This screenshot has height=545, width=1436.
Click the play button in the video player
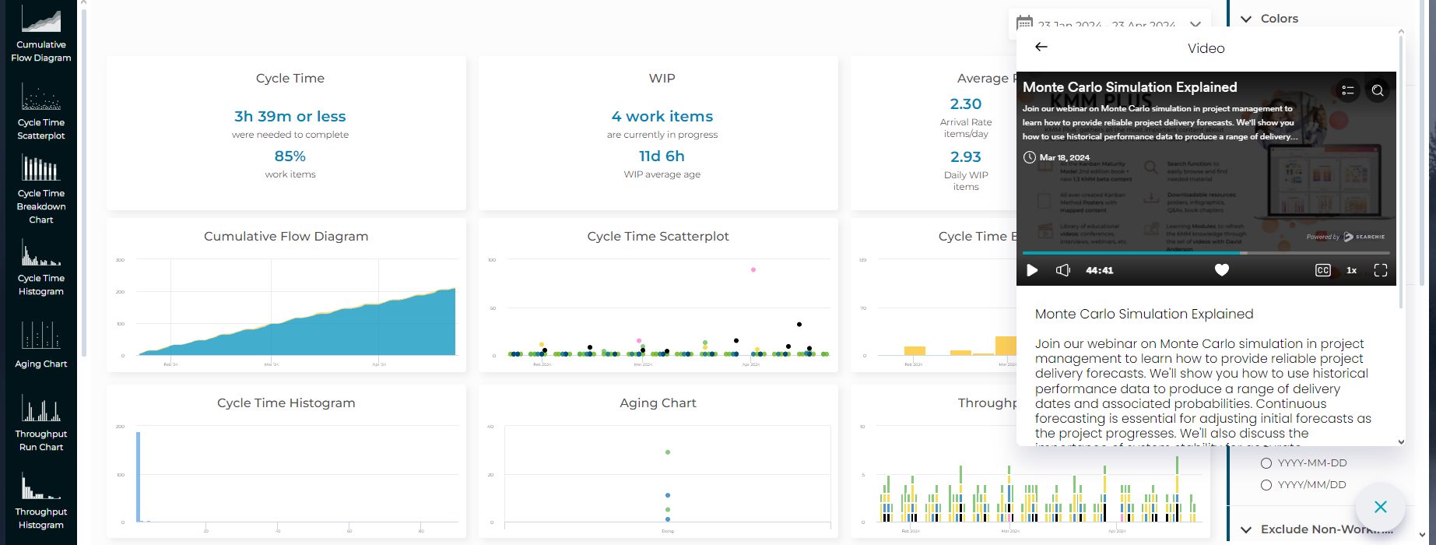coord(1032,270)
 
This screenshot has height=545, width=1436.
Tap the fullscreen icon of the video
coord(1380,270)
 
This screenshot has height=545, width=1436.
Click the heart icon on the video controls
coord(1222,270)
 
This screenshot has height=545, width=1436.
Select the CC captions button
coord(1322,270)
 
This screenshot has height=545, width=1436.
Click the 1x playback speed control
coord(1351,270)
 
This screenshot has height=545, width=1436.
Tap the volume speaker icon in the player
coord(1062,270)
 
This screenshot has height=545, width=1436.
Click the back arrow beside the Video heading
coord(1041,47)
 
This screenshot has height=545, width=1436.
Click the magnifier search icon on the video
coord(1377,90)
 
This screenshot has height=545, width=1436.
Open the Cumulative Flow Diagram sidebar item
coord(41,35)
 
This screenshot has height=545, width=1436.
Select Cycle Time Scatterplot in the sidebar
coord(41,113)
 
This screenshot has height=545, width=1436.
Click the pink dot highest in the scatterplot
coord(753,269)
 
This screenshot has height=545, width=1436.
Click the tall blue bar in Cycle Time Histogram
coord(139,475)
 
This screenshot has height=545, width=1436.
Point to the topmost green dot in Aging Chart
coord(668,452)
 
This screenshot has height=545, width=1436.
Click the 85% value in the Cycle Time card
coord(290,156)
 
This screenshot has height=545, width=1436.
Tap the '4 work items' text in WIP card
coord(662,116)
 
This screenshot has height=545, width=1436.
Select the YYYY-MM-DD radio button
coord(1266,463)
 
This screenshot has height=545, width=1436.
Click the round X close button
coord(1380,507)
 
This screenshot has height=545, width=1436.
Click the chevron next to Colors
coord(1246,19)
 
